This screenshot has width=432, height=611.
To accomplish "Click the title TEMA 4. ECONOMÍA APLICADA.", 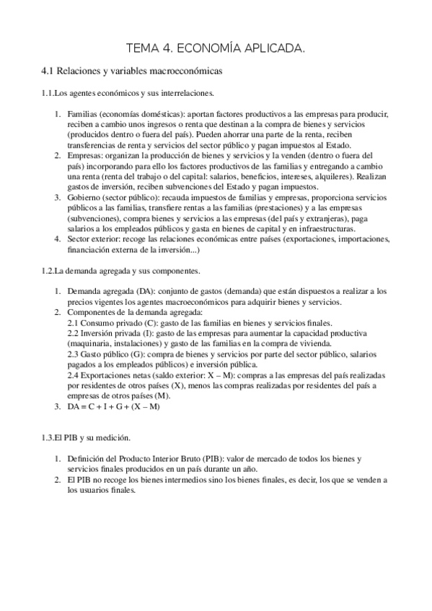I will pyautogui.click(x=216, y=49).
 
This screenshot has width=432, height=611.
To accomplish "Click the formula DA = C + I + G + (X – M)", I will pyautogui.click(x=113, y=406).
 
